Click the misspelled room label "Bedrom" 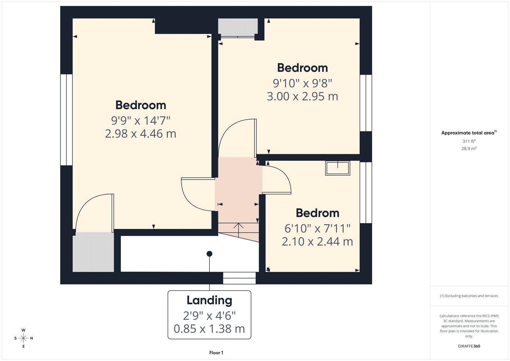pos(317,213)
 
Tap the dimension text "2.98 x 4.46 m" pos(141,134)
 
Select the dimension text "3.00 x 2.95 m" pos(302,96)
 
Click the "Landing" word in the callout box pos(209,300)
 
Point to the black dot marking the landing pos(209,254)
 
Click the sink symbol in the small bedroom pos(338,168)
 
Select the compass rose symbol pos(24,338)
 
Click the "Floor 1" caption pos(216,353)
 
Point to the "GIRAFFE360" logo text pos(469,346)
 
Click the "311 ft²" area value pos(469,141)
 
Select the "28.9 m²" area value pos(469,148)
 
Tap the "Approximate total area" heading pos(468,133)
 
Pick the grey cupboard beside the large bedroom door pos(93,252)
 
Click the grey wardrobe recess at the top pos(238,27)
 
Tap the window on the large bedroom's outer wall pos(66,120)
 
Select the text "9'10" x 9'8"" pos(302,83)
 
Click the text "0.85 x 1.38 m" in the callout pos(209,329)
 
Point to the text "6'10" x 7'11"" pos(317,229)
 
